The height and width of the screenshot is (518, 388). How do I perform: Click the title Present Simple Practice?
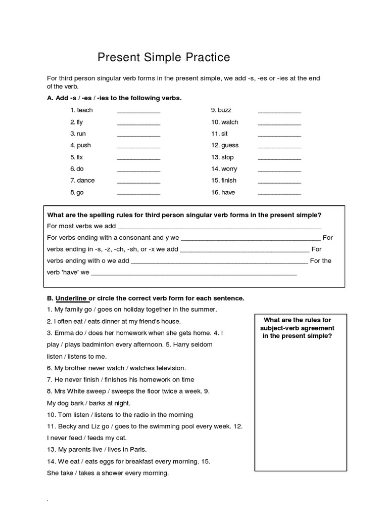(x=164, y=58)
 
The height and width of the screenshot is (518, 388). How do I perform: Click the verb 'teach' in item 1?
(x=84, y=110)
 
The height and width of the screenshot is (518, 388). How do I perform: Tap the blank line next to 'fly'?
(x=138, y=123)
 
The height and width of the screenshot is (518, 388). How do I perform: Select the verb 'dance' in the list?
(x=85, y=180)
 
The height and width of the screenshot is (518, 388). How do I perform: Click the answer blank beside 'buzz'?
(x=279, y=111)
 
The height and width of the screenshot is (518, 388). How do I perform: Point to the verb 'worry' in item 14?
(x=229, y=168)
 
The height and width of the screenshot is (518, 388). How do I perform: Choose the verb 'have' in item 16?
(x=228, y=192)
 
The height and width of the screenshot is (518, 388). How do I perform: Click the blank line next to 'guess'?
(x=279, y=147)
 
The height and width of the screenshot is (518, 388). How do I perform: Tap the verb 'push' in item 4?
(x=84, y=145)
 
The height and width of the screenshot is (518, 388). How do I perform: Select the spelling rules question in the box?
(x=184, y=215)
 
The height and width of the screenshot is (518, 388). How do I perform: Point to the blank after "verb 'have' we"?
(x=194, y=274)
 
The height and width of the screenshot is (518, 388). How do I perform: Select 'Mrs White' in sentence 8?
(x=69, y=391)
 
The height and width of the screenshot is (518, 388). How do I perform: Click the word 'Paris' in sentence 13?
(x=136, y=449)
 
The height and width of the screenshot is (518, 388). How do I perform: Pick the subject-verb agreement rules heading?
(x=297, y=328)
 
